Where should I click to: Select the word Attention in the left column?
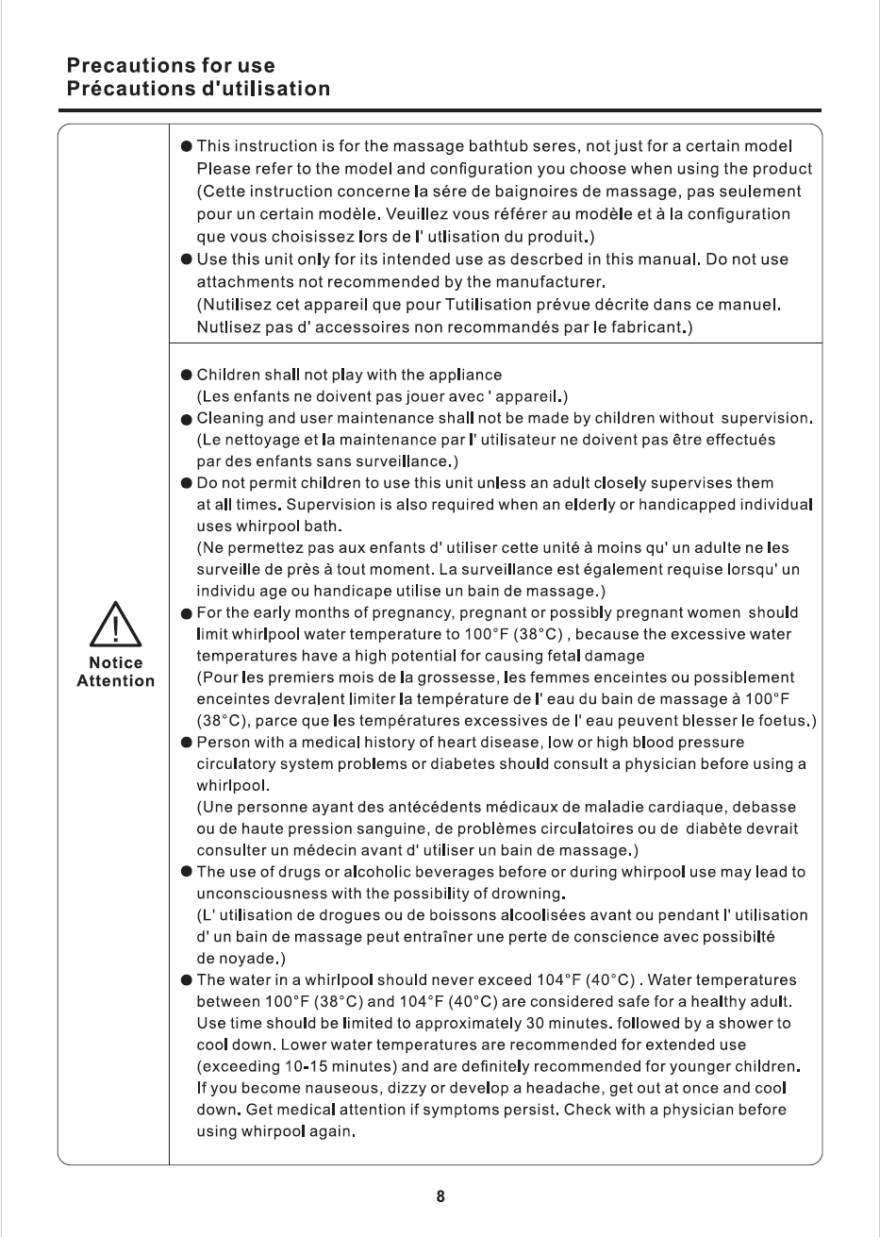(x=116, y=681)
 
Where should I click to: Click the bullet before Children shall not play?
(x=188, y=375)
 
